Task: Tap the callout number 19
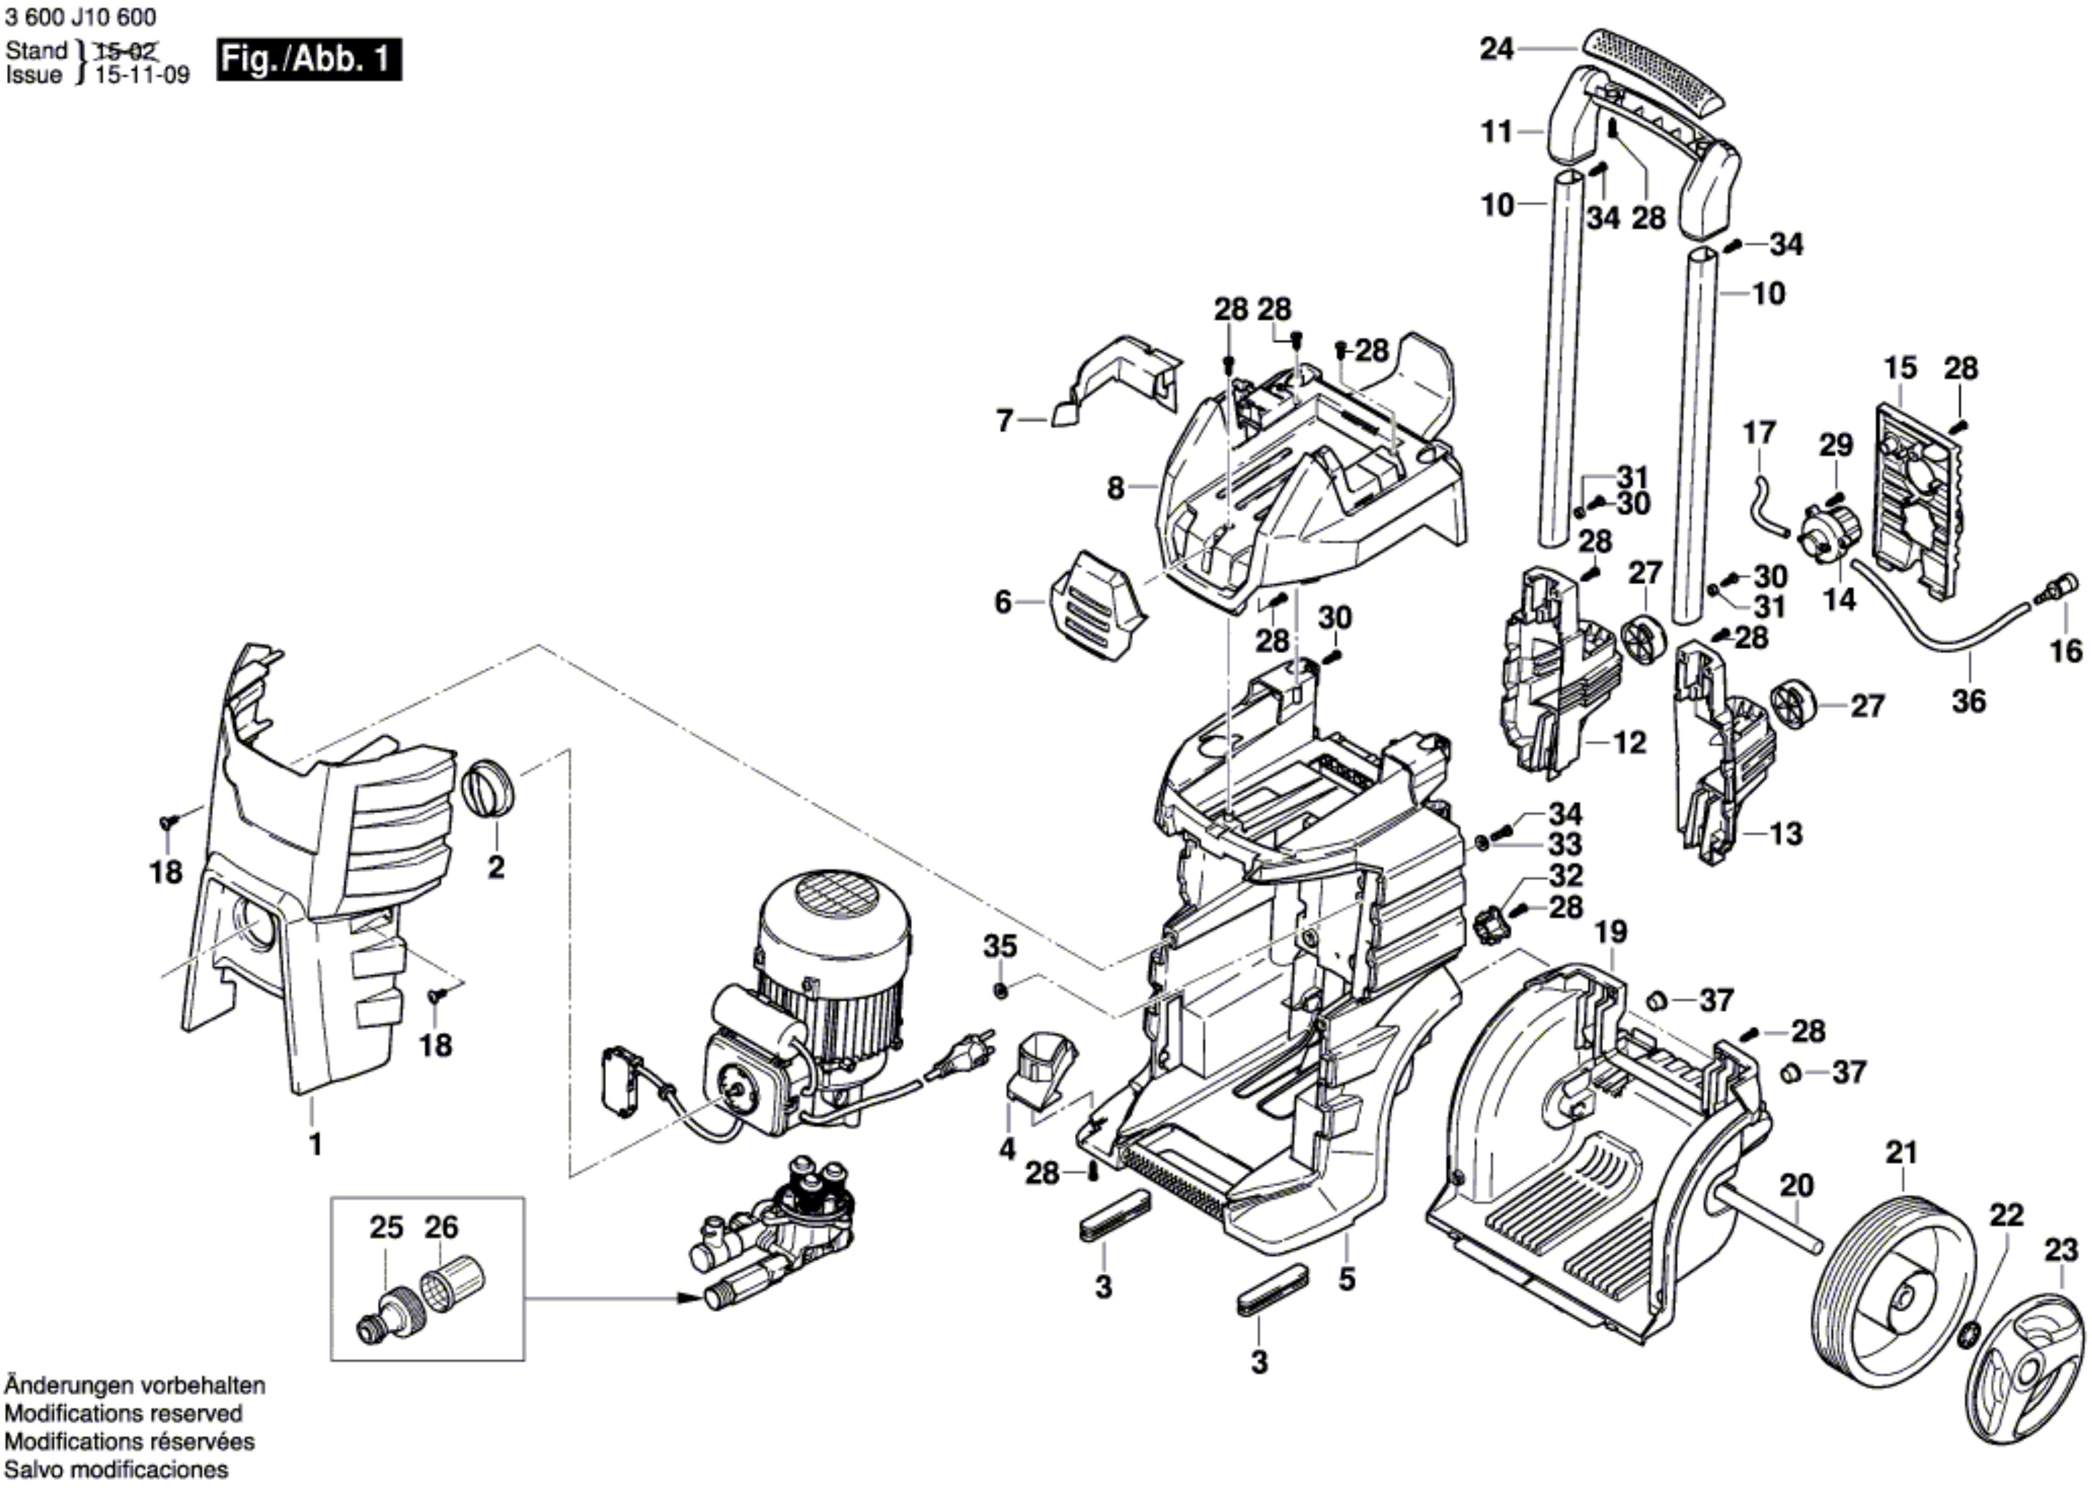click(x=1610, y=932)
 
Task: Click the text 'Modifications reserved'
click(x=124, y=1413)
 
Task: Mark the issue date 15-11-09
click(x=142, y=75)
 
